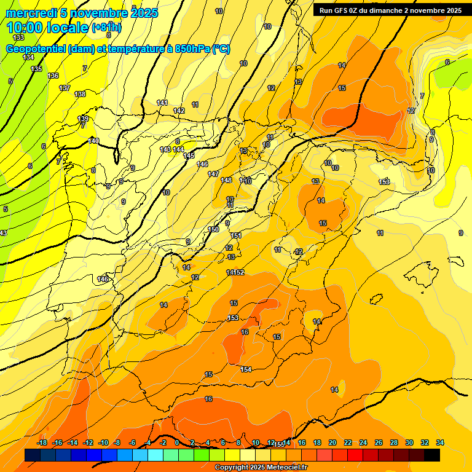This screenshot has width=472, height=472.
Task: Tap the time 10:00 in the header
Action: [x=27, y=28]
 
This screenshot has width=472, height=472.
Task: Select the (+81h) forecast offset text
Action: [x=106, y=28]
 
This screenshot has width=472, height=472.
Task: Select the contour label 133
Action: [x=18, y=37]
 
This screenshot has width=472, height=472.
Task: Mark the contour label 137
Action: [x=65, y=88]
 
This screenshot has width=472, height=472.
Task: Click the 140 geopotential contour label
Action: [x=93, y=141]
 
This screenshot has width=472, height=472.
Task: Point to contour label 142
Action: [x=179, y=111]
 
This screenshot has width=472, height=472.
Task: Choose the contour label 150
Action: [x=213, y=229]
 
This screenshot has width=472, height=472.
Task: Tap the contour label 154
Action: [x=246, y=369]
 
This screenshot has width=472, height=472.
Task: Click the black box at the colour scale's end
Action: [x=432, y=455]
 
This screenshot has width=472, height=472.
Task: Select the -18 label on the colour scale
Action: [x=42, y=442]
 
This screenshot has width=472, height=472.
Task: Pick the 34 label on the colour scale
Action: [x=440, y=442]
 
